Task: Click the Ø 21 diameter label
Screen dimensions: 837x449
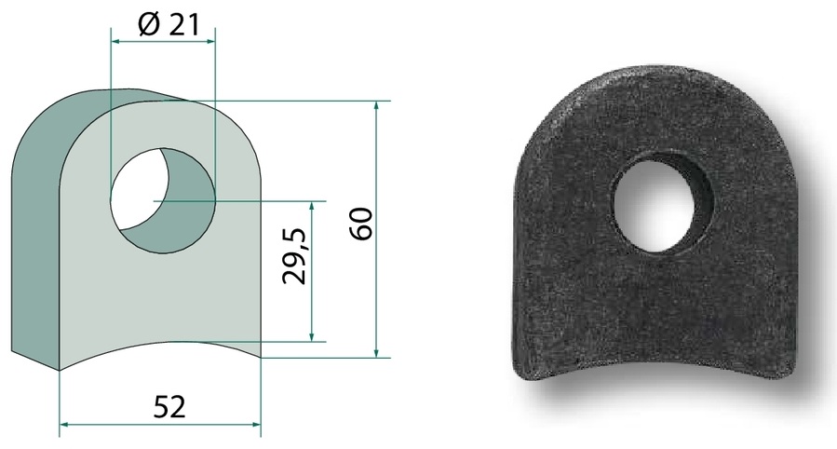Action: pyautogui.click(x=167, y=25)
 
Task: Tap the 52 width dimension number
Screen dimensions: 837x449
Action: pyautogui.click(x=169, y=407)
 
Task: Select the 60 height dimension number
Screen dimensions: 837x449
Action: pyautogui.click(x=362, y=224)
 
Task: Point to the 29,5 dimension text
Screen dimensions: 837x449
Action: pyautogui.click(x=295, y=256)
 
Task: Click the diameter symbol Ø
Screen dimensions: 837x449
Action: pyautogui.click(x=148, y=25)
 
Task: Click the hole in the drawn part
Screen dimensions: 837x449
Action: pyautogui.click(x=162, y=200)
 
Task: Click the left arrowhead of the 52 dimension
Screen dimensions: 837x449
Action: pyautogui.click(x=63, y=425)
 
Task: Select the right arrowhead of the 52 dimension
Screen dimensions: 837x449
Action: pyautogui.click(x=256, y=425)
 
